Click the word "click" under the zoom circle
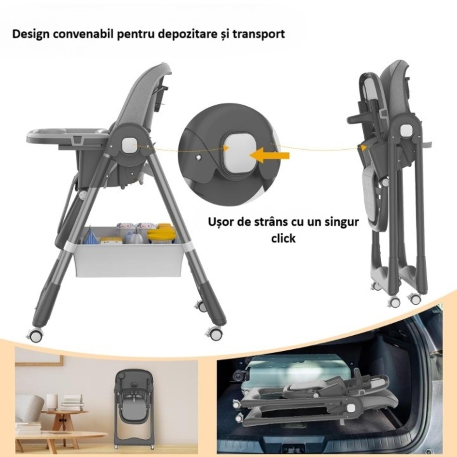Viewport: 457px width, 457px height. pos(283,238)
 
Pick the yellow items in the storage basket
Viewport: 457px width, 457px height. pos(161,232)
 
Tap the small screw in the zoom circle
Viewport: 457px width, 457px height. pos(199,158)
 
